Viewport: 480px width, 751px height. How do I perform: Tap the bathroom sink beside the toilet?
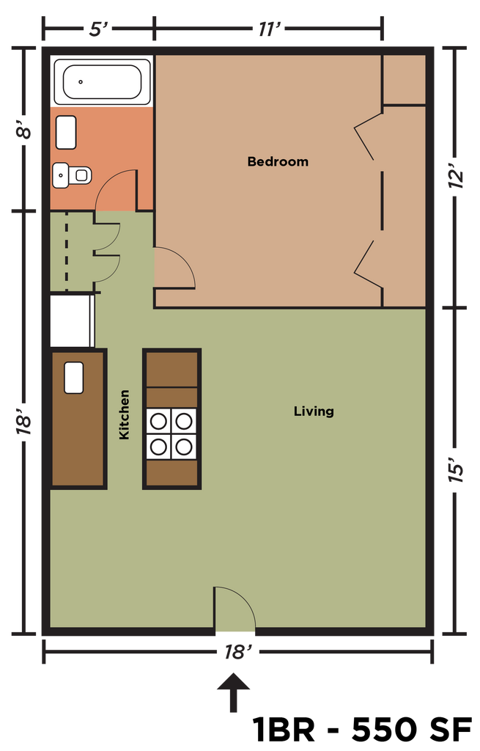67,132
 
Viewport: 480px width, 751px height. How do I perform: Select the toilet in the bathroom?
72,175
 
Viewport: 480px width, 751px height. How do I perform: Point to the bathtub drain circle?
81,82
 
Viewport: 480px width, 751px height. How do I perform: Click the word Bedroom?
278,161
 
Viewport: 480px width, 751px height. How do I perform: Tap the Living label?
314,411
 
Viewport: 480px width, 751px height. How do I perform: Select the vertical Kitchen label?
124,414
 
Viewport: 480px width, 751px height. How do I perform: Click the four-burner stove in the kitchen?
171,433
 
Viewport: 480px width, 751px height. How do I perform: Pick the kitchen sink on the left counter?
74,378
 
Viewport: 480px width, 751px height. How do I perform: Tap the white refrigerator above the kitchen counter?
71,320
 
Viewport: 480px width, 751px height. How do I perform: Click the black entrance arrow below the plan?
234,692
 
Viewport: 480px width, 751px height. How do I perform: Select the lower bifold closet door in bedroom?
368,264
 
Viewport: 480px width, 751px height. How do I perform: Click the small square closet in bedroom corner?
405,79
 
